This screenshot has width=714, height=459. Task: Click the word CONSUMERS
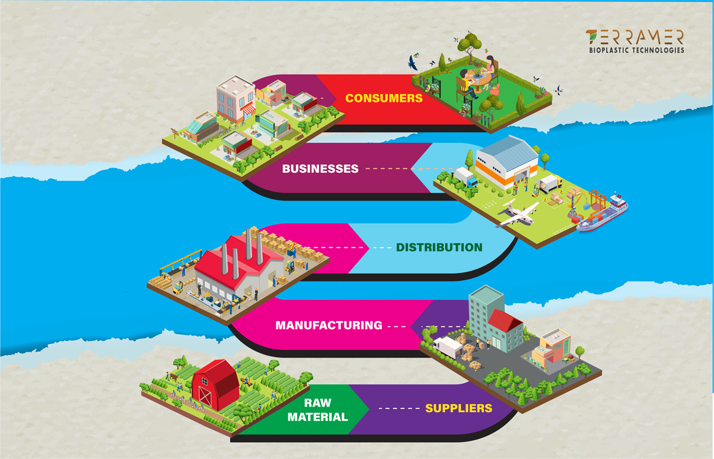[384, 98]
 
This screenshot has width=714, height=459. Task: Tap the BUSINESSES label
[320, 169]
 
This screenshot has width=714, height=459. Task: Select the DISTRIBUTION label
[439, 248]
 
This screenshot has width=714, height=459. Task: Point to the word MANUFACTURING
[329, 325]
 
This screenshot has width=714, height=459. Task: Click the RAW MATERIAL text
[317, 410]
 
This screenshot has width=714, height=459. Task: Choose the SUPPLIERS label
[458, 408]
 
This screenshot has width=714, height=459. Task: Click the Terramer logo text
[635, 37]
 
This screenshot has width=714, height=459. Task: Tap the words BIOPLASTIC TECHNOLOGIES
[636, 51]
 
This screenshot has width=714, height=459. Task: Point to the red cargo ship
[603, 212]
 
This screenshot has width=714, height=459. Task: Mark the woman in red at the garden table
[490, 67]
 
